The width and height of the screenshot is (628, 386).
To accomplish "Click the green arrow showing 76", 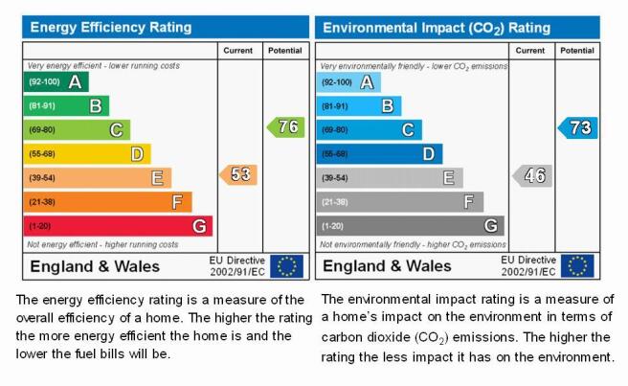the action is pos(286,127).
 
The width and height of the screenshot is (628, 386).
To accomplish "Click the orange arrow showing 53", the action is pos(238,174).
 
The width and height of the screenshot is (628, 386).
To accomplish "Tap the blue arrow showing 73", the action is pos(577,127).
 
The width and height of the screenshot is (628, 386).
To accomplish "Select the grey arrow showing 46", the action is pos(532,175).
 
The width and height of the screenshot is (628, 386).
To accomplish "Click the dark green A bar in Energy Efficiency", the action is pos(56,81).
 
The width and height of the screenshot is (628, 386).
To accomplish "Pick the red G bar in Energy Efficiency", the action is pos(118,226).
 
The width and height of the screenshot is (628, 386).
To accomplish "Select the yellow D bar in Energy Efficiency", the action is pos(87,154).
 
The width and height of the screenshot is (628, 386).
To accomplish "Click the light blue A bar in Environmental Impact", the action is pos(348,82).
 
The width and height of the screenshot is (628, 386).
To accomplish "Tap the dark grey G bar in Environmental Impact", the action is pos(410,226).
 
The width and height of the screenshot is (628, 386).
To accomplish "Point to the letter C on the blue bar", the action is pos(408,130).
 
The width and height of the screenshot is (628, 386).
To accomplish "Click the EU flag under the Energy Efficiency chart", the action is pos(286,266).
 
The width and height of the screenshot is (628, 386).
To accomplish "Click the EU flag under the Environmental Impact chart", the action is pos(577,266).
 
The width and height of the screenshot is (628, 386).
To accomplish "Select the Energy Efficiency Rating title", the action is pos(111,27).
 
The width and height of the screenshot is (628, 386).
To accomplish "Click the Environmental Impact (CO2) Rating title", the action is pos(437,28).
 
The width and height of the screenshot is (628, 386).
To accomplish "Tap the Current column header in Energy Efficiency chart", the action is pos(238,51).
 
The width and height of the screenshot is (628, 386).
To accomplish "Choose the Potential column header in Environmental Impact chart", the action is pos(577,51).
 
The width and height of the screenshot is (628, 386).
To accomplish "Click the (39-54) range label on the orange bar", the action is pos(42,178).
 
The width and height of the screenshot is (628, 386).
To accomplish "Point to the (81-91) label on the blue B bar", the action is pos(335,106).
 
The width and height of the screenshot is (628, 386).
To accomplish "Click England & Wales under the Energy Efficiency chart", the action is pos(95,266).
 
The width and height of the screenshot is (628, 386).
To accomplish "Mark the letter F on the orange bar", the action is pos(177,202).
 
